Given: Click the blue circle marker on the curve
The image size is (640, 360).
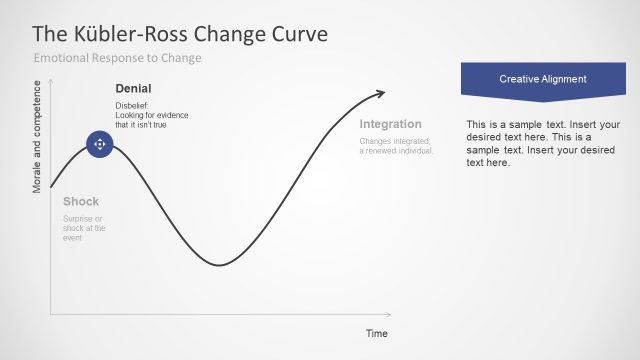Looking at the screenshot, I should click(99, 145).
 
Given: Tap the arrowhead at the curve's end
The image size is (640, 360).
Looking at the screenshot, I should click(380, 94).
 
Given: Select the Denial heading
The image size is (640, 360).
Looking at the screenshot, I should click(134, 89).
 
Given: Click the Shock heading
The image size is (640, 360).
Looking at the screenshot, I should click(81, 201).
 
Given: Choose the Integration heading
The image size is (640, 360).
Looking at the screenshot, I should click(390, 124).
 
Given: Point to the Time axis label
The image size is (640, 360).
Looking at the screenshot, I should click(376, 333).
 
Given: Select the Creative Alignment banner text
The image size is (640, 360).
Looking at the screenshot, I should click(542, 78).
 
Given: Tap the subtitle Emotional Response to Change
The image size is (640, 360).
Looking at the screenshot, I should click(118, 58).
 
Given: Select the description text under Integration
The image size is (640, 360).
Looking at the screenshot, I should click(395, 146).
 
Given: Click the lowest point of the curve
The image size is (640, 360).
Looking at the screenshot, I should click(219, 265).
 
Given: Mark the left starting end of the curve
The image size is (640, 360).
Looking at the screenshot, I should click(51, 187).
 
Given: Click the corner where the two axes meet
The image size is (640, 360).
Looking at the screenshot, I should click(50, 316).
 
